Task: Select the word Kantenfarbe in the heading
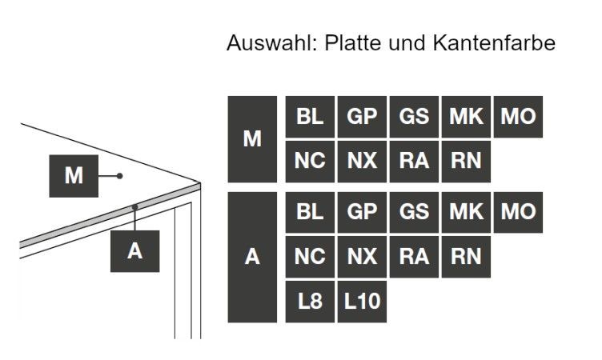[x=494, y=42]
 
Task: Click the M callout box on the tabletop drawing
[x=74, y=176]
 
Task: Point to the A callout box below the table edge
[x=134, y=251]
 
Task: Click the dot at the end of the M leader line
[x=120, y=176]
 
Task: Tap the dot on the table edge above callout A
[x=134, y=207]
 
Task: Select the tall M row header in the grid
[x=252, y=139]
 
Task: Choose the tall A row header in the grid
[x=252, y=257]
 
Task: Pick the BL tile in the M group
[x=310, y=117]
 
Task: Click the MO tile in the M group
[x=518, y=117]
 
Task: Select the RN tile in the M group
[x=466, y=162]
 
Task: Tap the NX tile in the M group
[x=362, y=162]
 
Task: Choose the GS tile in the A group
[x=414, y=212]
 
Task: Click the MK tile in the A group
[x=466, y=212]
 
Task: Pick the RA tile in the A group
[x=414, y=257]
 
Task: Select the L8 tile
[x=310, y=302]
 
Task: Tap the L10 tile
[x=362, y=302]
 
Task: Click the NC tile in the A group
[x=310, y=257]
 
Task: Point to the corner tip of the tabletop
[x=200, y=182]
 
